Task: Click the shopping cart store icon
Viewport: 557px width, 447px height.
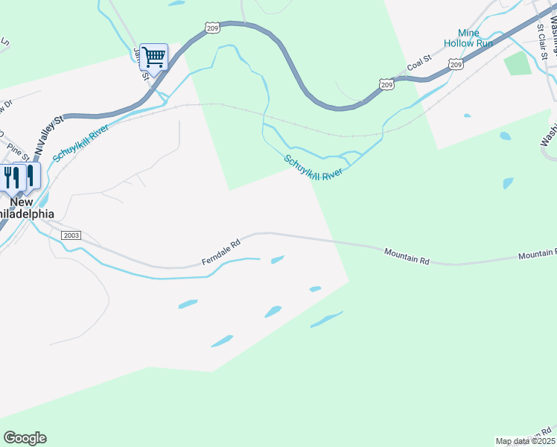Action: (x=153, y=56)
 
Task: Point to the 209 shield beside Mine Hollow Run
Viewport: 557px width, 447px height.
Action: (x=456, y=66)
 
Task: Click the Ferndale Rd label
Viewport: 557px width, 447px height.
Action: (x=222, y=253)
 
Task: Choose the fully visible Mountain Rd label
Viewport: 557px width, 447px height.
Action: (x=407, y=257)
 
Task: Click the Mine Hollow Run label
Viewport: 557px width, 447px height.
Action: (x=468, y=38)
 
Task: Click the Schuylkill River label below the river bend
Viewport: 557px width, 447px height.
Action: (x=312, y=167)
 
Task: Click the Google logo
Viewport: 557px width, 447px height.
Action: (x=25, y=438)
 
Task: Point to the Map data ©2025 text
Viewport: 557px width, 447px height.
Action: (x=525, y=441)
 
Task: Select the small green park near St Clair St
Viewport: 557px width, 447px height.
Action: (x=518, y=64)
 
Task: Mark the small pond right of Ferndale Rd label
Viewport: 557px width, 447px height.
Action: (x=277, y=260)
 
